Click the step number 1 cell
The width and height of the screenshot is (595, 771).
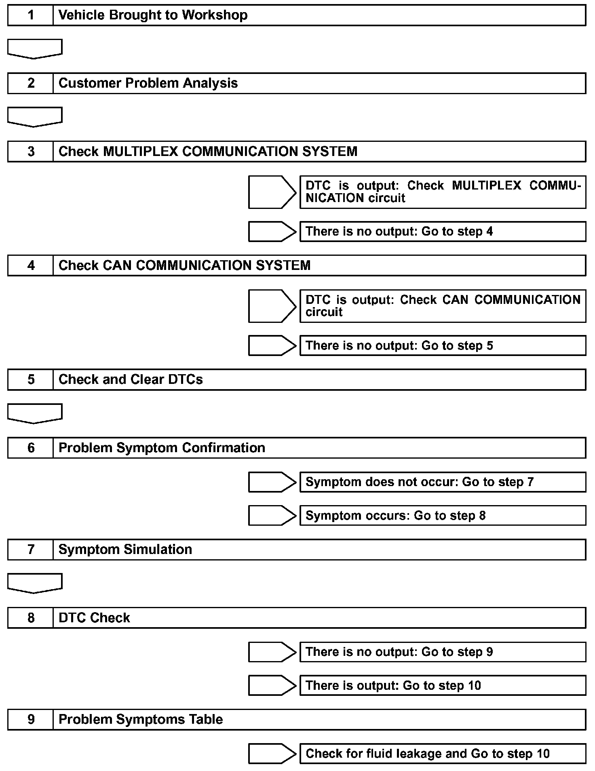click(x=31, y=15)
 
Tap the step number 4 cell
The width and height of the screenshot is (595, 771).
click(x=31, y=265)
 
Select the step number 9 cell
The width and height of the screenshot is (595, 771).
click(x=31, y=719)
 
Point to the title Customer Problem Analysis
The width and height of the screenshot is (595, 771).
click(x=148, y=83)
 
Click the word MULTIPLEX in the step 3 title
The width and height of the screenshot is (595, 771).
click(x=141, y=152)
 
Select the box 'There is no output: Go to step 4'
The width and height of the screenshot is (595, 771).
click(x=443, y=232)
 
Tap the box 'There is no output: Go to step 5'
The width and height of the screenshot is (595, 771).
click(x=443, y=345)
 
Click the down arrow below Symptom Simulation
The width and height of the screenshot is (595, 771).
click(x=35, y=583)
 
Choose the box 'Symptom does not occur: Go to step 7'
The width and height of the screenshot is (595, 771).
click(x=443, y=482)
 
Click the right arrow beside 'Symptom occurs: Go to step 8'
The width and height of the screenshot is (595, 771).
click(x=272, y=516)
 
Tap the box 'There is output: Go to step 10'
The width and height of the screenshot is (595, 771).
click(x=443, y=685)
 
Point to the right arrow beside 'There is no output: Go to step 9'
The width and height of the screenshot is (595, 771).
click(x=272, y=652)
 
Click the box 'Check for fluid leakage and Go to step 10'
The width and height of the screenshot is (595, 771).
click(x=443, y=754)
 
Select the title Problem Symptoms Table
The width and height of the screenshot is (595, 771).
click(x=141, y=719)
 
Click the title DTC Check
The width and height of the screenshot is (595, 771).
click(x=94, y=618)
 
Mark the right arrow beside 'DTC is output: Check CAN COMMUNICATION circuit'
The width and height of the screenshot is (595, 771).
click(x=272, y=306)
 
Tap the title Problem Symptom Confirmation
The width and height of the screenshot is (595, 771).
click(x=162, y=448)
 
